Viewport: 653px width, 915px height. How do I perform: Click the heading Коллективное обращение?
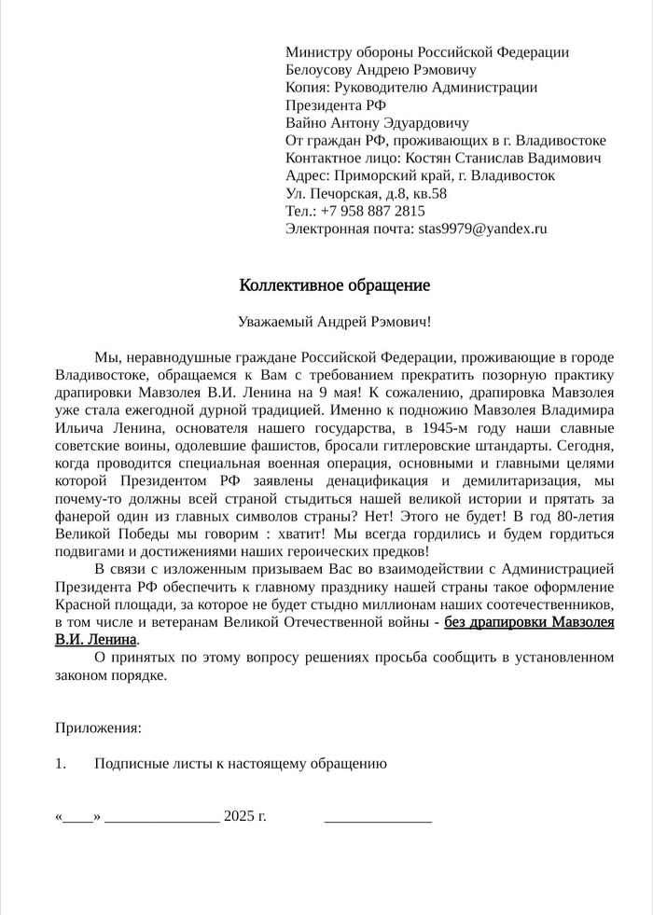tap(335, 284)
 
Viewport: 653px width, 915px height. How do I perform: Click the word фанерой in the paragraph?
tap(82, 516)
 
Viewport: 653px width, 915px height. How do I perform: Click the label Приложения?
tap(98, 727)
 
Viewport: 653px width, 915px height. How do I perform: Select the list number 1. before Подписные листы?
tap(61, 764)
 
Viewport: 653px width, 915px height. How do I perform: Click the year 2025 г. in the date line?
tap(245, 816)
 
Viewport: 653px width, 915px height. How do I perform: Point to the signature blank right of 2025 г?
tap(378, 818)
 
